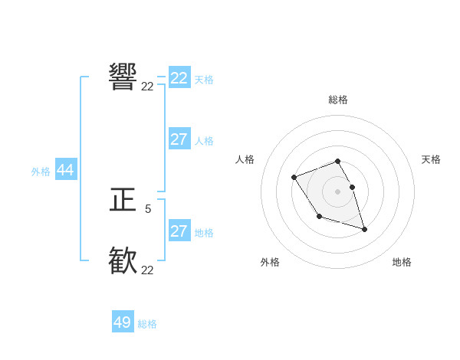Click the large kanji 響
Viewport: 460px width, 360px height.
click(123, 77)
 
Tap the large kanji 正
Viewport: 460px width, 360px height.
click(123, 201)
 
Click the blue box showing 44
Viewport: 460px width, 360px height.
click(65, 171)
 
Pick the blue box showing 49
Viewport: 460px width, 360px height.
click(123, 322)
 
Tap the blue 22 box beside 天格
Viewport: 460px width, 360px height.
click(179, 78)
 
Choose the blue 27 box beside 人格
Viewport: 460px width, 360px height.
click(179, 139)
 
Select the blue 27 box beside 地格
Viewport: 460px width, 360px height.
click(179, 231)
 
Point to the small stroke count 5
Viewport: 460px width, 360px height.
click(148, 208)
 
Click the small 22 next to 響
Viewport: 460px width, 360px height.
click(147, 87)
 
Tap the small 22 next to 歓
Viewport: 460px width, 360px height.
click(147, 270)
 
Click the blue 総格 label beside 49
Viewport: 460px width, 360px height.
click(147, 324)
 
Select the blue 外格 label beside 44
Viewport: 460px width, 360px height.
click(41, 172)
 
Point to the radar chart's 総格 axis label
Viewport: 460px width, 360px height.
click(338, 100)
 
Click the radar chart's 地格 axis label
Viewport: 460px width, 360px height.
click(402, 262)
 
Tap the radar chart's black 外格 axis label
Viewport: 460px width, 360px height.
click(270, 262)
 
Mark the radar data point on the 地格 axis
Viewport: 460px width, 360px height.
click(364, 229)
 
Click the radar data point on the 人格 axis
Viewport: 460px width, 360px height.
click(294, 178)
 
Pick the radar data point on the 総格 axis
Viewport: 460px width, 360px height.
click(337, 162)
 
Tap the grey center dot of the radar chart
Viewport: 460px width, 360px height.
click(337, 191)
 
